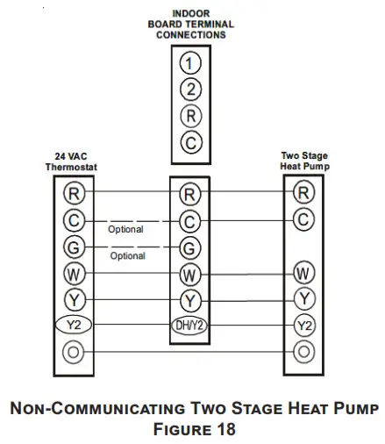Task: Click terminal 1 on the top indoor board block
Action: pos(191,62)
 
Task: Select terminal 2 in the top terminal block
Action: pos(191,89)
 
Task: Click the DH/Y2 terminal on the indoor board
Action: pos(190,326)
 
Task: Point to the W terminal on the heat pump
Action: pos(303,271)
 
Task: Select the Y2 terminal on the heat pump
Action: pos(303,326)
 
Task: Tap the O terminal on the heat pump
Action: pos(303,353)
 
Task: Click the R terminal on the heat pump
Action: pos(303,192)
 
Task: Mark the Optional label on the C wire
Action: pos(126,230)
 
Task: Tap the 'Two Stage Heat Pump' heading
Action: pos(303,161)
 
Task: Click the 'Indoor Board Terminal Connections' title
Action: pos(190,25)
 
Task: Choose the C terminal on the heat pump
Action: pos(303,219)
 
